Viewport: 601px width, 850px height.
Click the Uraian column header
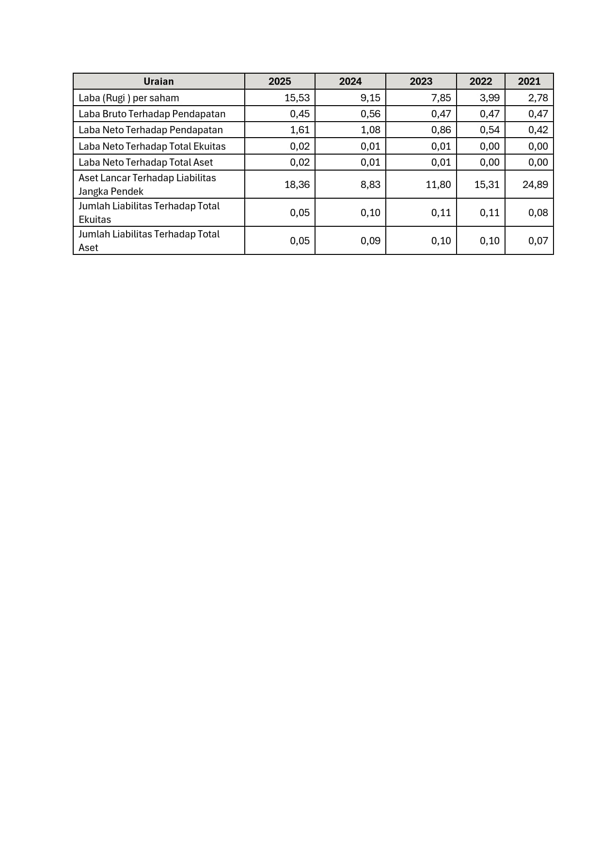pos(158,81)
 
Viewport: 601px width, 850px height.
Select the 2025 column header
pos(280,81)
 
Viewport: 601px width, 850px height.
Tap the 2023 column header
pos(421,81)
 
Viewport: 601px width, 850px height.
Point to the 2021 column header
pos(529,81)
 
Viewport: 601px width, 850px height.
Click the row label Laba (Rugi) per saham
pos(129,98)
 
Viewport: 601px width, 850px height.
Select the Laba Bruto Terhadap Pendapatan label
pos(152,114)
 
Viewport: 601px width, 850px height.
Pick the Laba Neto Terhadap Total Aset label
pos(146,162)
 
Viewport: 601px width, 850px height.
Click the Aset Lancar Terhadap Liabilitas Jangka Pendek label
pos(147,185)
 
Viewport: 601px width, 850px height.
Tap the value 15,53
pos(297,98)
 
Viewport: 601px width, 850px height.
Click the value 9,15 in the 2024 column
pos(370,98)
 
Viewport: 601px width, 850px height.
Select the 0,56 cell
pos(370,114)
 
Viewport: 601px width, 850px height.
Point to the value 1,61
pos(300,130)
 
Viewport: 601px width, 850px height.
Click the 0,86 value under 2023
pos(441,130)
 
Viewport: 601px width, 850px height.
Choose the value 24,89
pos(535,185)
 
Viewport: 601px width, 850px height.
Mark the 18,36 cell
pos(297,185)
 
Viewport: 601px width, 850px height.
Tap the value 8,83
pos(370,185)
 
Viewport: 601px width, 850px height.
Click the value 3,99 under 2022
pos(490,98)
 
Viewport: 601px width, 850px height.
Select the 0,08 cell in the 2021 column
pos(538,213)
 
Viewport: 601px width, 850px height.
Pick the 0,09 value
pos(370,241)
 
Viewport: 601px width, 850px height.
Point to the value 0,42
pos(538,130)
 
